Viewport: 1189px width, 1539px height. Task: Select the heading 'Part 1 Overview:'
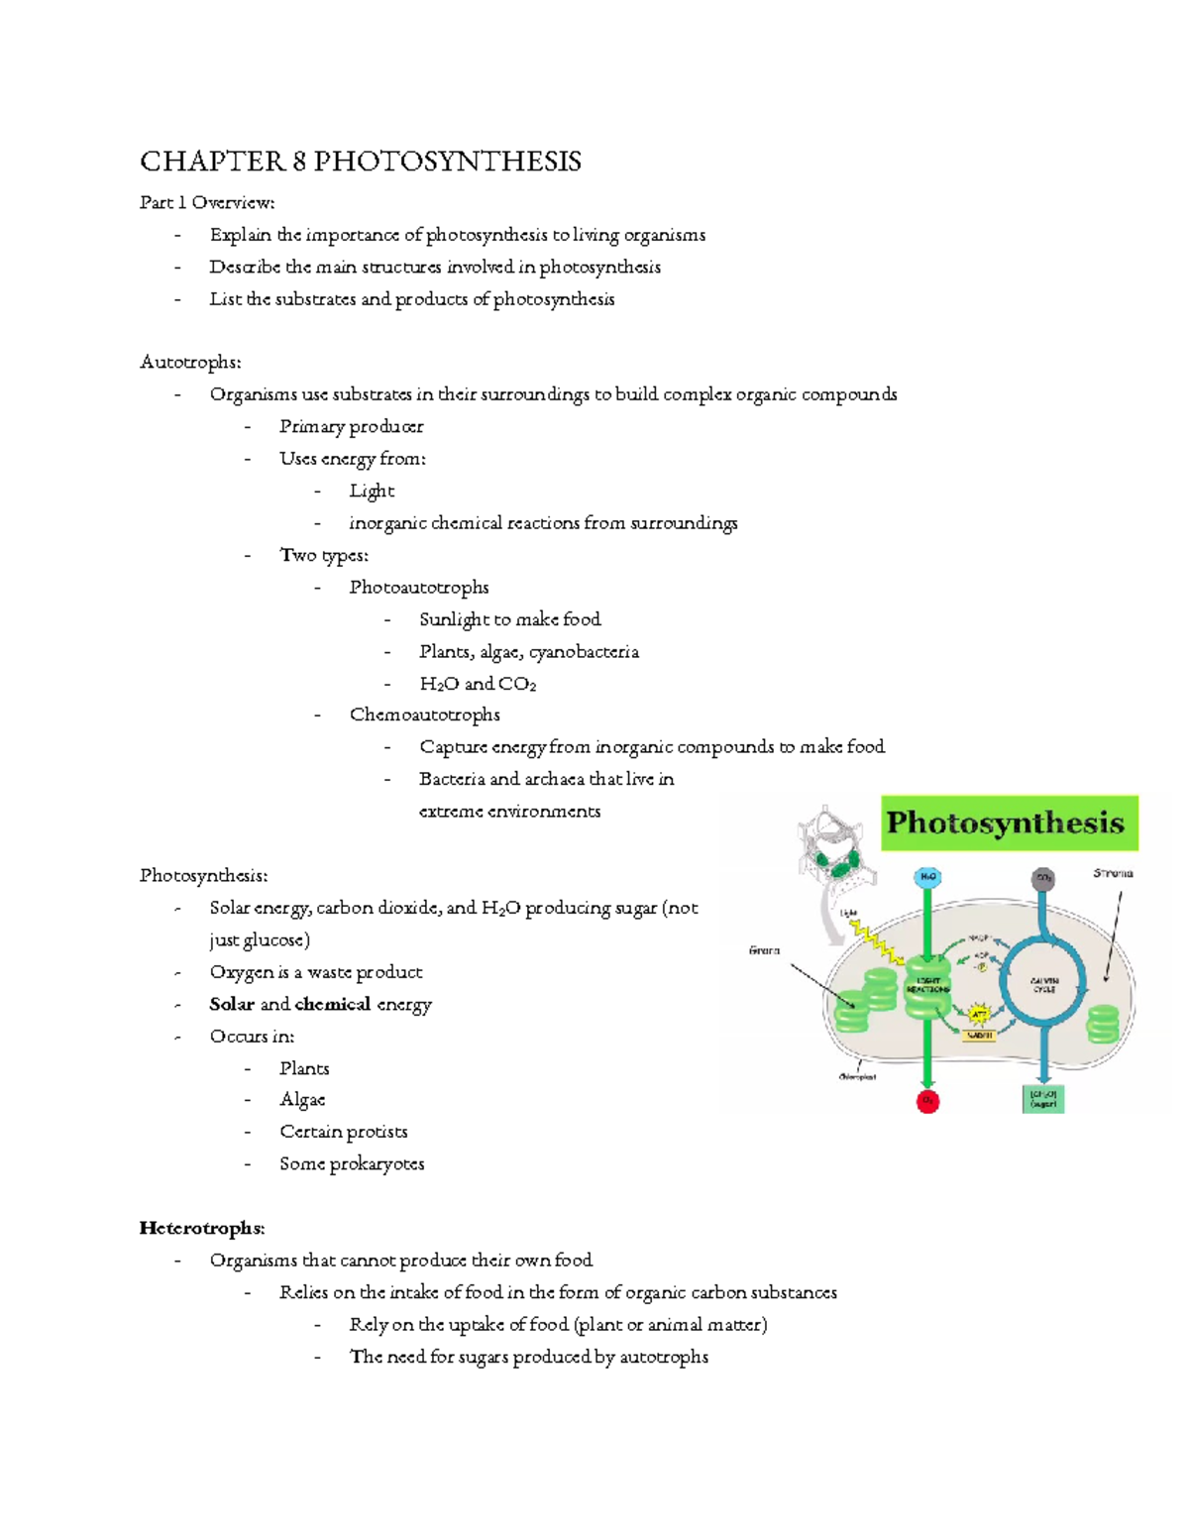click(207, 203)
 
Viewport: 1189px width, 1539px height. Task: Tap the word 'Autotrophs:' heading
click(190, 363)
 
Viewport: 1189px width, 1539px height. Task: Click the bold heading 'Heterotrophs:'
click(202, 1229)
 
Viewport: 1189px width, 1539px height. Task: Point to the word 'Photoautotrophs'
click(419, 588)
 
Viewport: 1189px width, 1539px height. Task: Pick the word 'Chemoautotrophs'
click(425, 715)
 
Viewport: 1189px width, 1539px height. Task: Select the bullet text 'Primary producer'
click(352, 427)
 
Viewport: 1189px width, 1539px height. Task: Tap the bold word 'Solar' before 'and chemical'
click(232, 1005)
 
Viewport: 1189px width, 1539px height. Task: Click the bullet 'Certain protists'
click(344, 1133)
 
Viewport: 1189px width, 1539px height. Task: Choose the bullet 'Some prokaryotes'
click(352, 1164)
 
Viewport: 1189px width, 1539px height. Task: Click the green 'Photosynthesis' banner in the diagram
click(1009, 823)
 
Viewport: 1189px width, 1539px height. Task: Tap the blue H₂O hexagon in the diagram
click(927, 877)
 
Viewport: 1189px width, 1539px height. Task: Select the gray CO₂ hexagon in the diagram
click(1042, 878)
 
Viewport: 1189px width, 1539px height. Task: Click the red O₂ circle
click(927, 1101)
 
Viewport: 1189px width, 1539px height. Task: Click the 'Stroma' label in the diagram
click(1113, 874)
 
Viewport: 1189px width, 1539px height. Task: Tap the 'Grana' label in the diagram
click(764, 950)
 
